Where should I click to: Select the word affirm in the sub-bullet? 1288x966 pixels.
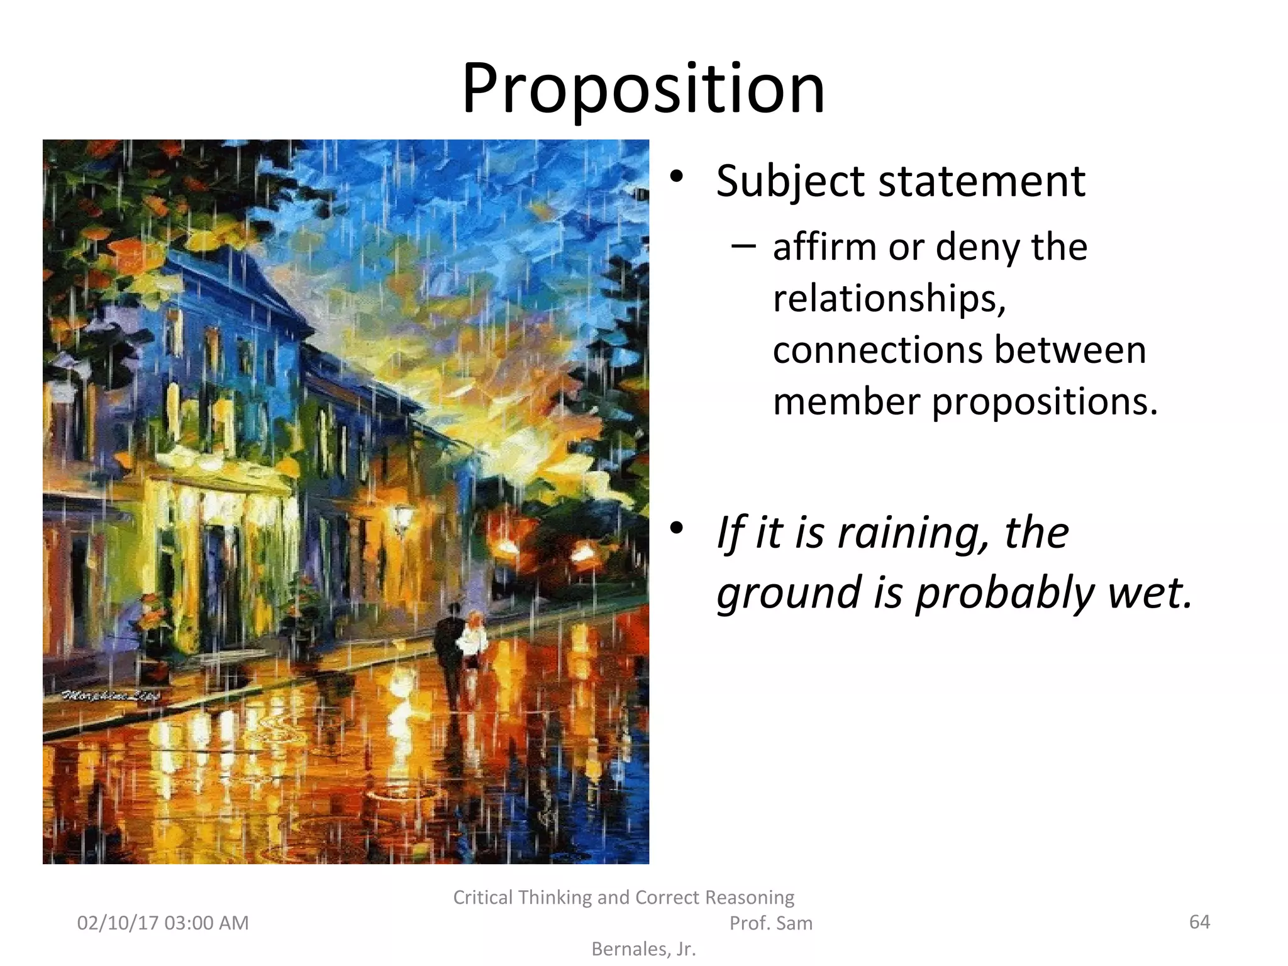coord(824,247)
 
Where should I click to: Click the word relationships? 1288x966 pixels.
coord(889,299)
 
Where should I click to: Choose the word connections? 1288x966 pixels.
coord(878,350)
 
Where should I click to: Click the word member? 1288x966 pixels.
coord(847,401)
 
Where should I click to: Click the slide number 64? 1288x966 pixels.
coord(1199,922)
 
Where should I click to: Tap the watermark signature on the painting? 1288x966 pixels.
coord(111,696)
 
